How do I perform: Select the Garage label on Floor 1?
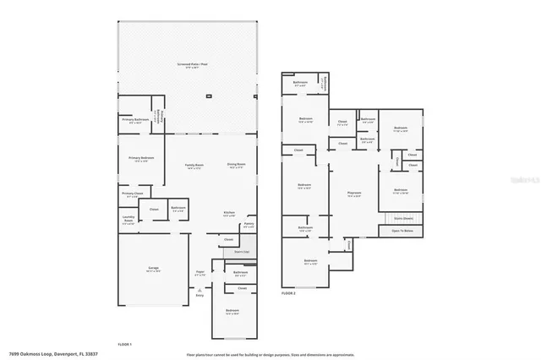(154, 269)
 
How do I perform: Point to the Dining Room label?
(235, 166)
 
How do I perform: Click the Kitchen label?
(228, 213)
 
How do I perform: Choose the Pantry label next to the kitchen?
(249, 226)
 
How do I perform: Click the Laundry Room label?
(128, 219)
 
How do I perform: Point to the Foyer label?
(199, 274)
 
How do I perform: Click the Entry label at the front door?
(199, 294)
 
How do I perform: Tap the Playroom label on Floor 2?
(354, 194)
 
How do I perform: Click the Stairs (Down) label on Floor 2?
(402, 217)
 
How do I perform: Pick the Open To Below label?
(402, 230)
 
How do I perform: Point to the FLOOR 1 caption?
(125, 345)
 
